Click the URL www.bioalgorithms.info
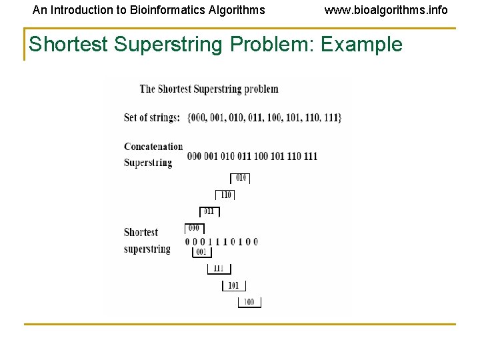386,10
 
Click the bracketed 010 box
241,177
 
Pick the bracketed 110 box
225,195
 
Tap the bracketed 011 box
209,211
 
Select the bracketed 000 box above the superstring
193,228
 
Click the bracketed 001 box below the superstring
201,253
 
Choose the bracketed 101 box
233,285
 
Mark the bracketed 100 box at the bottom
249,302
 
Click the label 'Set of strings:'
152,117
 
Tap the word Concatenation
153,147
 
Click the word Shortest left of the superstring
141,232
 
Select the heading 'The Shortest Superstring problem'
209,89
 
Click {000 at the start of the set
197,117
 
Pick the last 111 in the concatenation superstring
310,156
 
